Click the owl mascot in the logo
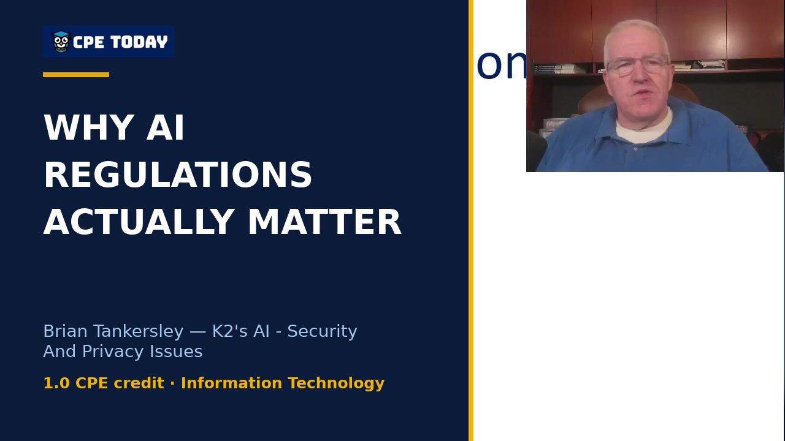[x=61, y=42]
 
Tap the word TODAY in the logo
[x=139, y=42]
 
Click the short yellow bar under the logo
[x=76, y=75]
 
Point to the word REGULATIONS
[x=178, y=175]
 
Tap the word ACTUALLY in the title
[x=139, y=222]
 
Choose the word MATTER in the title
[x=324, y=222]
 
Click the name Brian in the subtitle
[x=65, y=331]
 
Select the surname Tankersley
[x=139, y=331]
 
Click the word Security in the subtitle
[x=322, y=331]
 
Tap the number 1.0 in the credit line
[x=56, y=383]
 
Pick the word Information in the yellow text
[x=231, y=383]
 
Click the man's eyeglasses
[x=637, y=65]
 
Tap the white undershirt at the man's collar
[x=644, y=128]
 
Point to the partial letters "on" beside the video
[x=502, y=65]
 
